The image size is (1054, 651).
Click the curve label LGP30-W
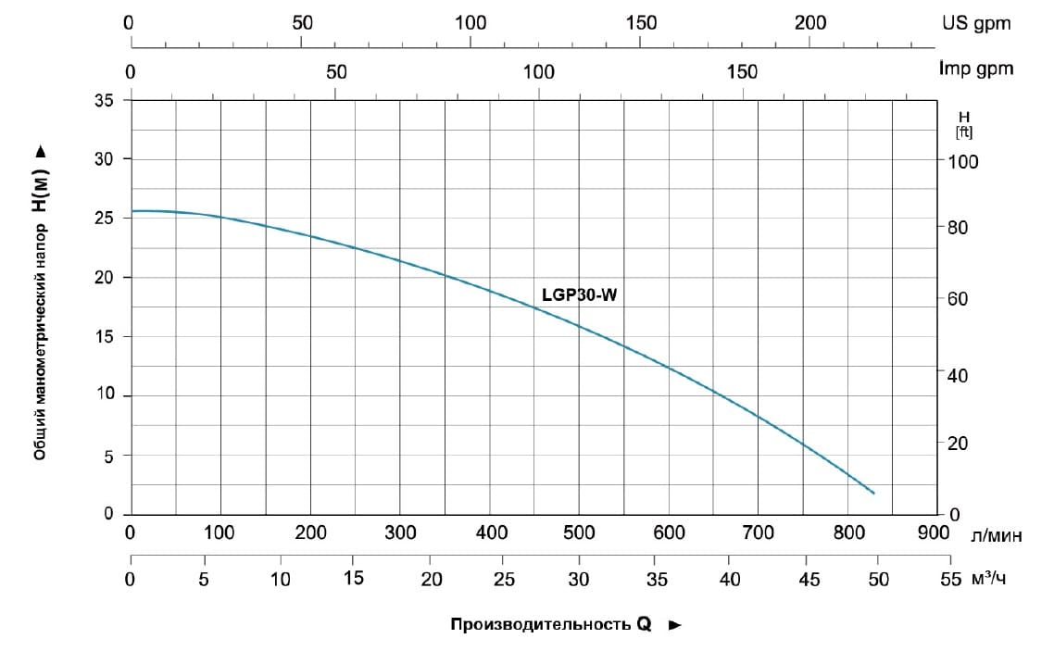point(579,295)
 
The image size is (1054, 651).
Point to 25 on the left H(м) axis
point(107,219)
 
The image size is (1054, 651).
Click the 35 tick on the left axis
point(107,101)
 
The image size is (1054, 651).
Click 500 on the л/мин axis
point(579,533)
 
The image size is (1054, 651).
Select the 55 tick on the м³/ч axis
point(950,580)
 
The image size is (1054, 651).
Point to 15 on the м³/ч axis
point(354,580)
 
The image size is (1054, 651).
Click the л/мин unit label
point(997,534)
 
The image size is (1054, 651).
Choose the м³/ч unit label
point(988,580)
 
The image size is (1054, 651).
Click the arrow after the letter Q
point(675,625)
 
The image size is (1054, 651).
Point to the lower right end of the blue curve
point(872,493)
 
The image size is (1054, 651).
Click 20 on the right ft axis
point(960,444)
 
